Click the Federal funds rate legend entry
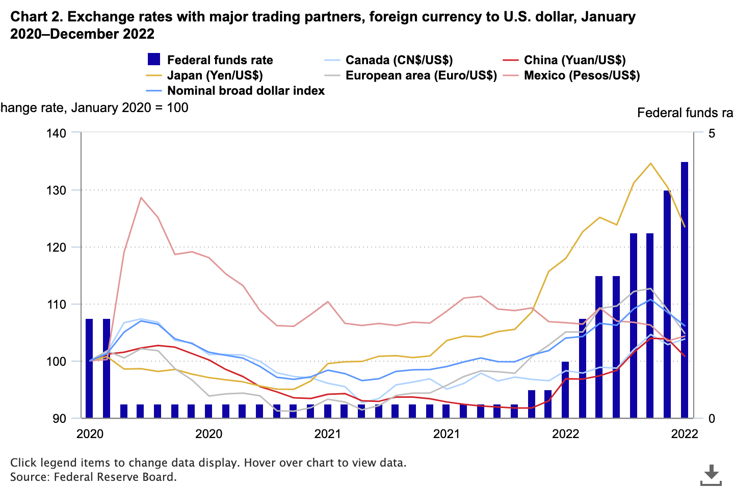tap(220, 60)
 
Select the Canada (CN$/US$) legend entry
tap(399, 60)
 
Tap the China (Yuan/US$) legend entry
tap(574, 60)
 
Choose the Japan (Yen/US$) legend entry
tap(215, 75)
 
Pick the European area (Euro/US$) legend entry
tap(421, 75)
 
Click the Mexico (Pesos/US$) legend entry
tap(582, 75)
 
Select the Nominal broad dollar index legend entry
tap(246, 91)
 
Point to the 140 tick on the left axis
tap(57, 133)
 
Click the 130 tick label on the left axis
tap(57, 190)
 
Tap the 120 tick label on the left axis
tap(57, 247)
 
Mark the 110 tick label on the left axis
tap(57, 304)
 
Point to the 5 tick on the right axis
tap(712, 133)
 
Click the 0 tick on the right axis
tap(712, 418)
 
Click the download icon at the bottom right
tap(711, 475)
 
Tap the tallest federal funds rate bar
tap(684, 290)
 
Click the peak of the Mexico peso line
tap(141, 198)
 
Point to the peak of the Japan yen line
tap(650, 164)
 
